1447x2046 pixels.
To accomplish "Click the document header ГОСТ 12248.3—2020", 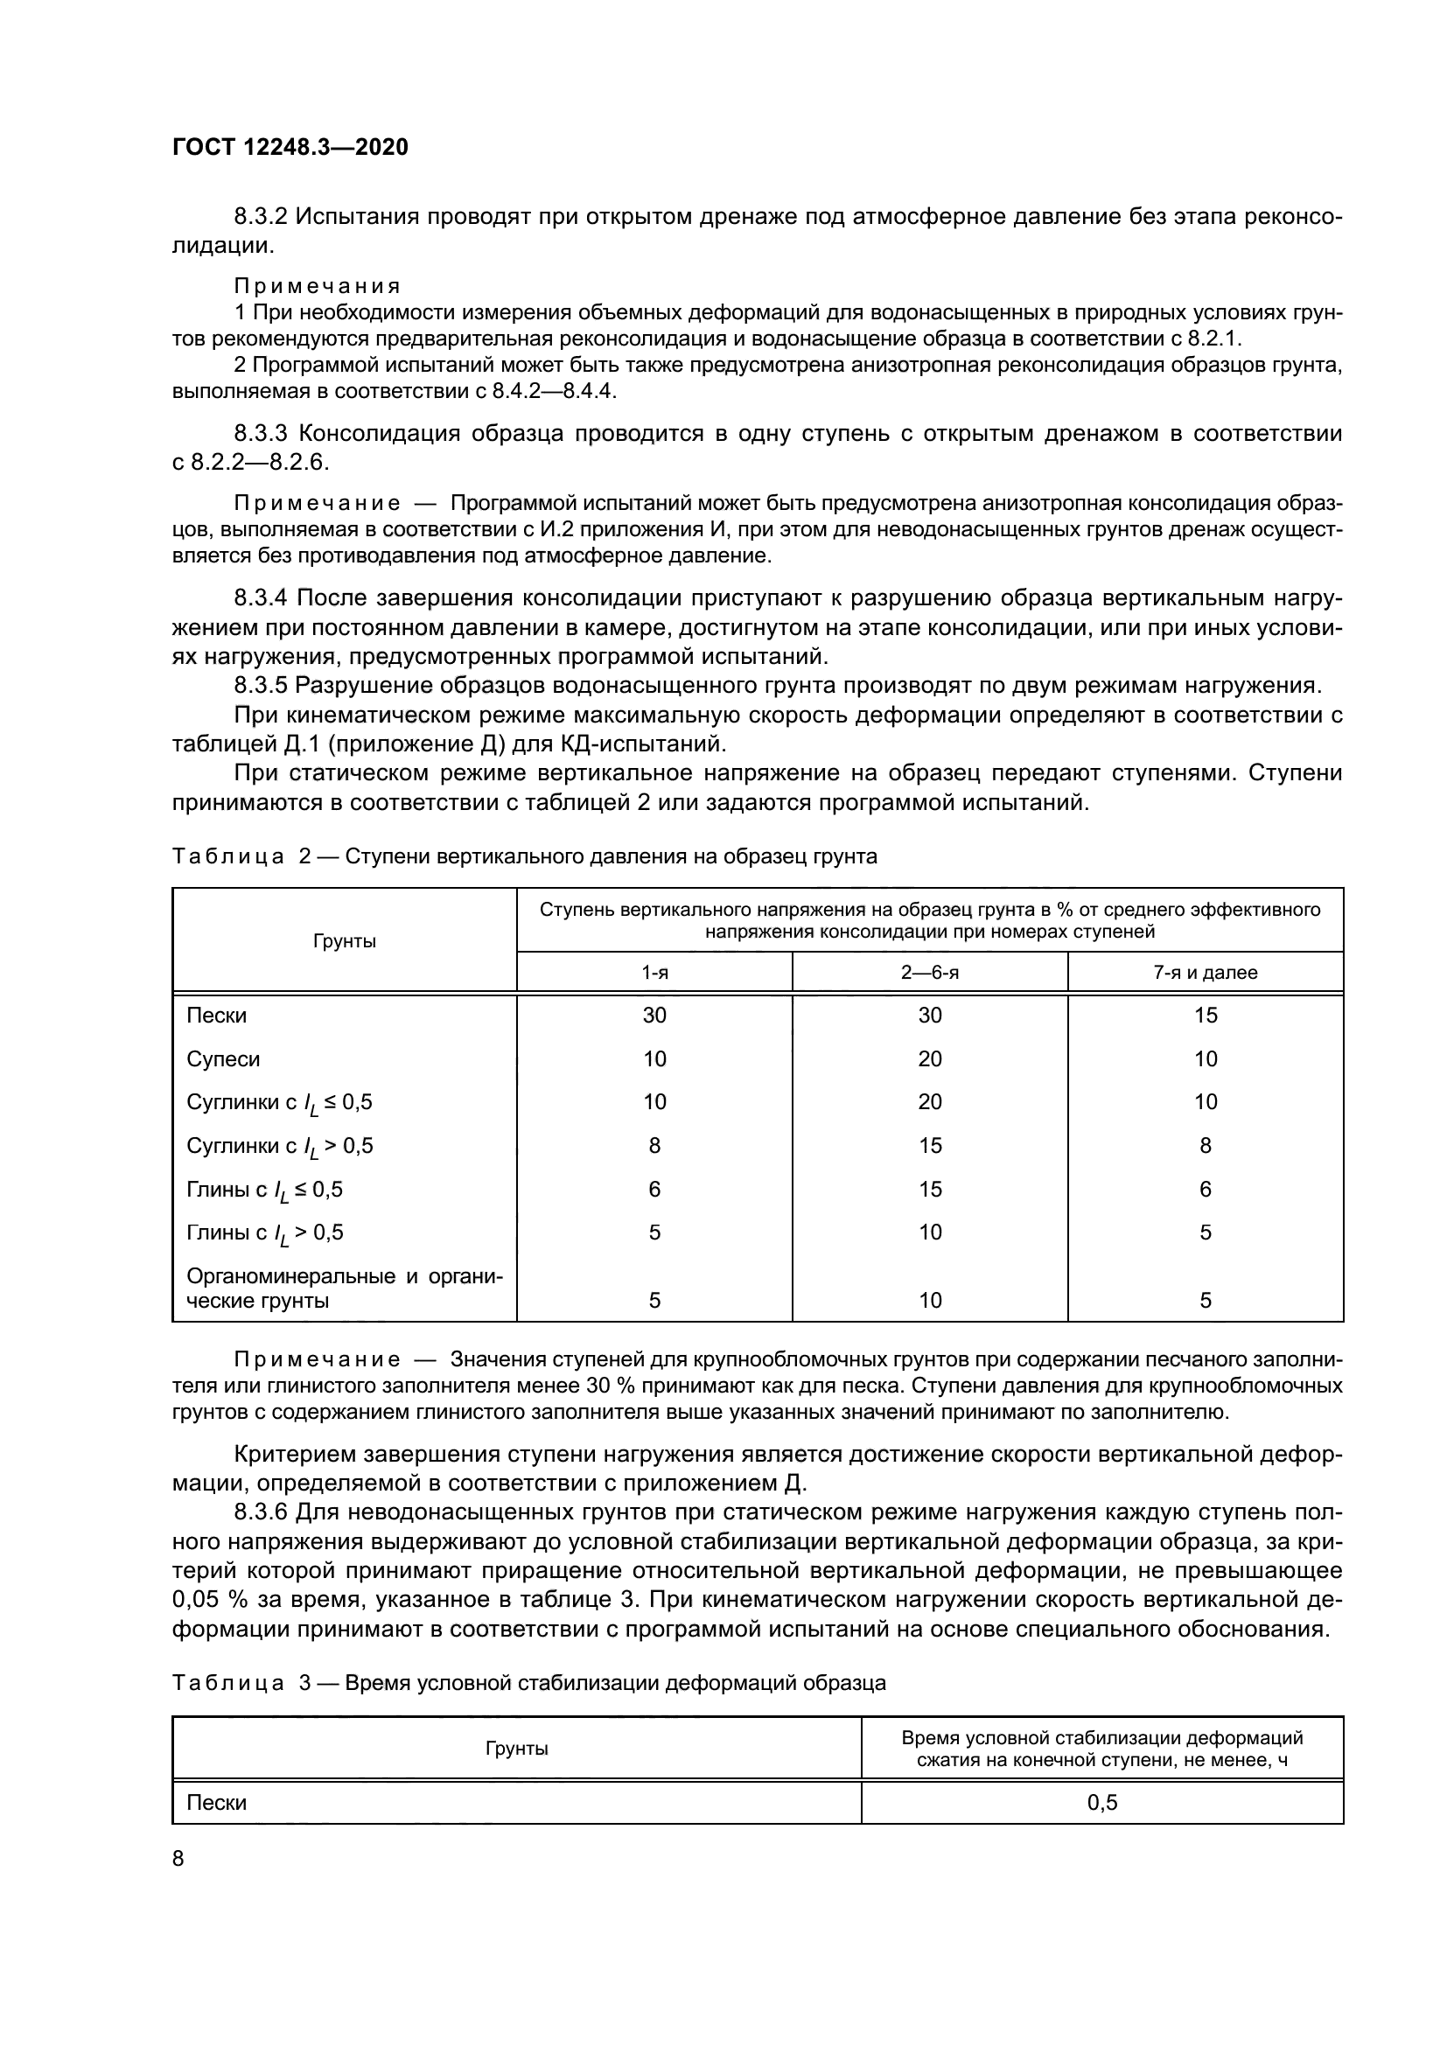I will click(x=290, y=147).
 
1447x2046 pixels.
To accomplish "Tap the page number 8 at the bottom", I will click(x=178, y=1858).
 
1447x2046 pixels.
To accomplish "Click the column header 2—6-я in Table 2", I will click(x=929, y=972).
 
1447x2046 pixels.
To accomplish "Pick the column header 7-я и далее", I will click(x=1205, y=972).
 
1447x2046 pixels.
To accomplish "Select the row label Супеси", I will click(x=223, y=1059).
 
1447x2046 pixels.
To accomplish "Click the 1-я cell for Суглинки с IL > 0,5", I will click(x=654, y=1146).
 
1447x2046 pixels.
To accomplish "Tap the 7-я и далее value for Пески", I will click(x=1205, y=1016).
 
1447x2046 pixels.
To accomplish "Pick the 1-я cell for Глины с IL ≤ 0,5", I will click(x=654, y=1190).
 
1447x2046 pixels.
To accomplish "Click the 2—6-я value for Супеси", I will click(x=929, y=1059).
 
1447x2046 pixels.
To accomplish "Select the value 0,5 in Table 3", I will click(x=1101, y=1803).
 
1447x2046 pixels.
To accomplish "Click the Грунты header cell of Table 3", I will click(x=516, y=1749).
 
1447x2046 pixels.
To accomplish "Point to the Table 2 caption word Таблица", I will click(x=228, y=857).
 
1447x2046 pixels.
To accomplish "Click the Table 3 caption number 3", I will click(x=304, y=1683).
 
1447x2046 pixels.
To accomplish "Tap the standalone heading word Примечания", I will click(x=317, y=286).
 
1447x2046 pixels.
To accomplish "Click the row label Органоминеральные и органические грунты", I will click(x=344, y=1288).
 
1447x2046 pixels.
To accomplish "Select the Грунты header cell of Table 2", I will click(x=344, y=941).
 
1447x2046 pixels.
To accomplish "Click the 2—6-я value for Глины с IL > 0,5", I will click(x=929, y=1232).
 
